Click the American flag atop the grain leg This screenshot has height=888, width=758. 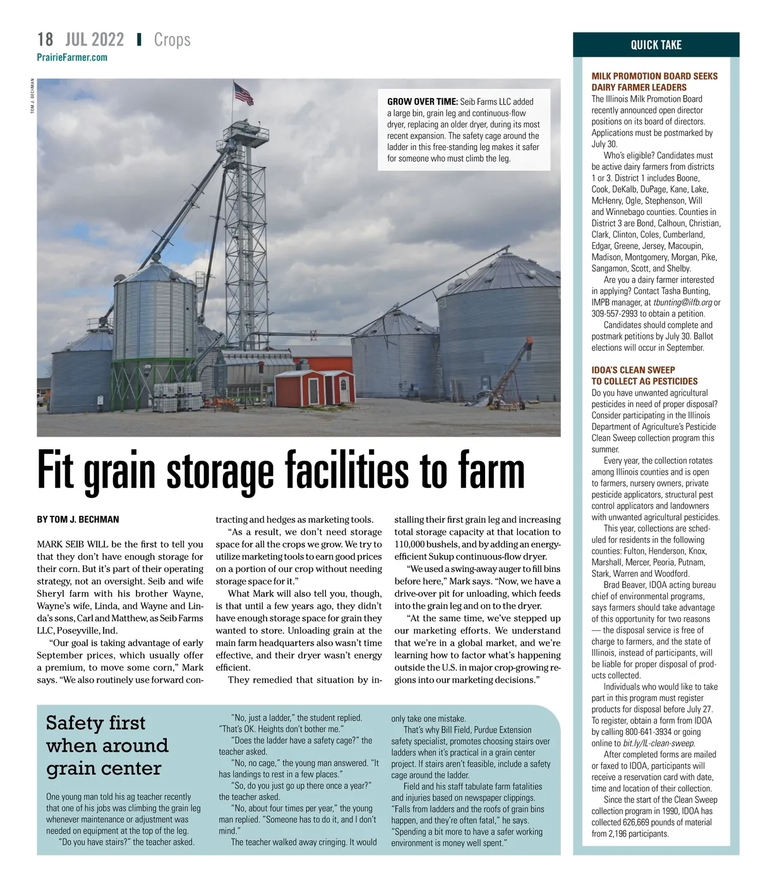click(x=243, y=94)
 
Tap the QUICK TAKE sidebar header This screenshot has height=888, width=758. click(x=656, y=45)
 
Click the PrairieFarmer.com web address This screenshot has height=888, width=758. click(x=72, y=58)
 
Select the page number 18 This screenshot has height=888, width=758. click(x=45, y=40)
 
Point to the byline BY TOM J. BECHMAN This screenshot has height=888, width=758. click(x=78, y=520)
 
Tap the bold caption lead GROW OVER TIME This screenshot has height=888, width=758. click(x=422, y=101)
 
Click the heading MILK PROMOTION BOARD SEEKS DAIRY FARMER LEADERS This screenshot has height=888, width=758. click(x=654, y=82)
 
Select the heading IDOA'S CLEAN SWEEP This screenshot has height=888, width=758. click(x=633, y=370)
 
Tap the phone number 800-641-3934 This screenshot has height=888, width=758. click(x=648, y=732)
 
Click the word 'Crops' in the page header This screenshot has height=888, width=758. click(x=172, y=40)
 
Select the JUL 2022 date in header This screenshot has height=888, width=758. click(x=94, y=40)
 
